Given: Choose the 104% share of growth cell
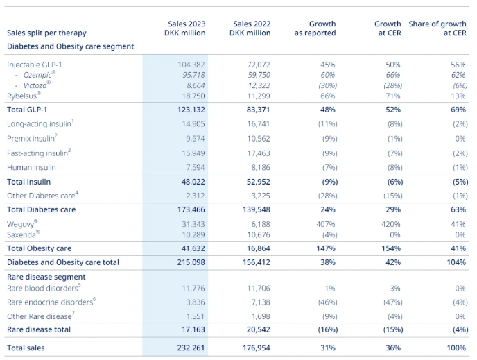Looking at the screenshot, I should click(456, 262).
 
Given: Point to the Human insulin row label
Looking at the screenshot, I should click(31, 167).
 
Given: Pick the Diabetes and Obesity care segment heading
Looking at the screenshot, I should click(70, 46).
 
